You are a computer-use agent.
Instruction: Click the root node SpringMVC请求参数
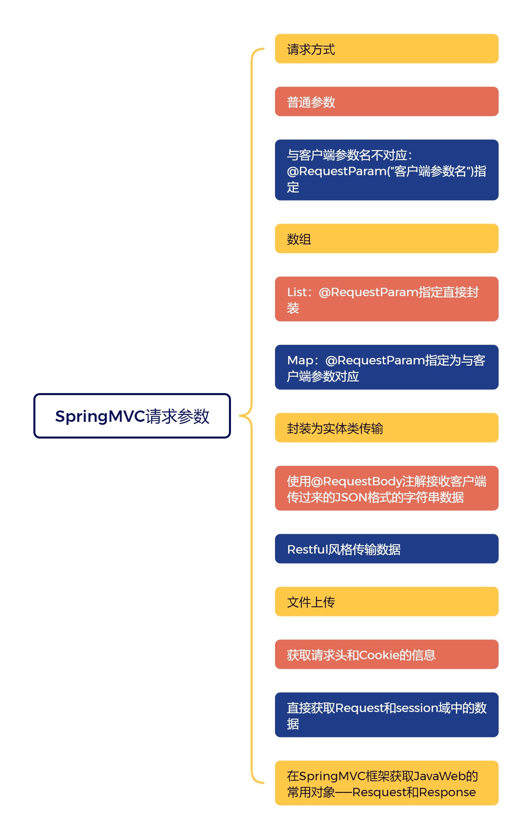[132, 416]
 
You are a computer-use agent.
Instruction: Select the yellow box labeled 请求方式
[386, 49]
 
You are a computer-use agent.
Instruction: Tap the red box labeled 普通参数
[386, 101]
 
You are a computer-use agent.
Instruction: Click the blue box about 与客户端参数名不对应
[386, 170]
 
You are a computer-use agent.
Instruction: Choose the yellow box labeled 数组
[386, 239]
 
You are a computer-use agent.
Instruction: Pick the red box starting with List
[386, 299]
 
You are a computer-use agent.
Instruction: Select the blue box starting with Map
[386, 367]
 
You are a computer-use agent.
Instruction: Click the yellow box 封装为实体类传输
[386, 428]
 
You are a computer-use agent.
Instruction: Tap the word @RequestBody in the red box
[356, 481]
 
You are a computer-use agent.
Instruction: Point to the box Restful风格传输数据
[386, 549]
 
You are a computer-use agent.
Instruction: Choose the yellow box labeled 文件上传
[386, 602]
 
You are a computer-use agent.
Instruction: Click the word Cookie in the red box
[379, 655]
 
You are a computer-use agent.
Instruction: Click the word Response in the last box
[448, 792]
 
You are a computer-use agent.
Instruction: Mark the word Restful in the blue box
[308, 550]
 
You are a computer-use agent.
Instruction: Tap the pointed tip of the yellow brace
[240, 416]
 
